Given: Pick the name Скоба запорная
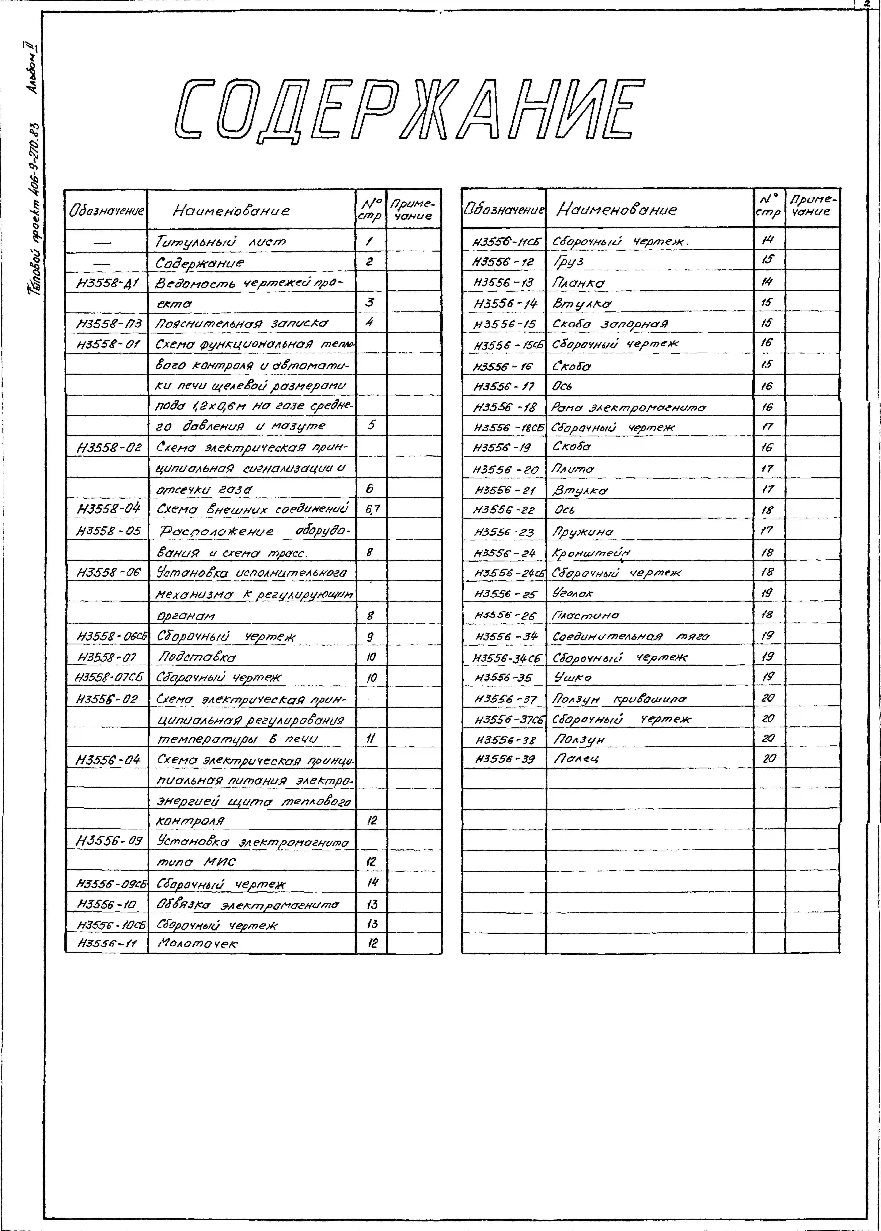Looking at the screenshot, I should (x=610, y=324).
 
